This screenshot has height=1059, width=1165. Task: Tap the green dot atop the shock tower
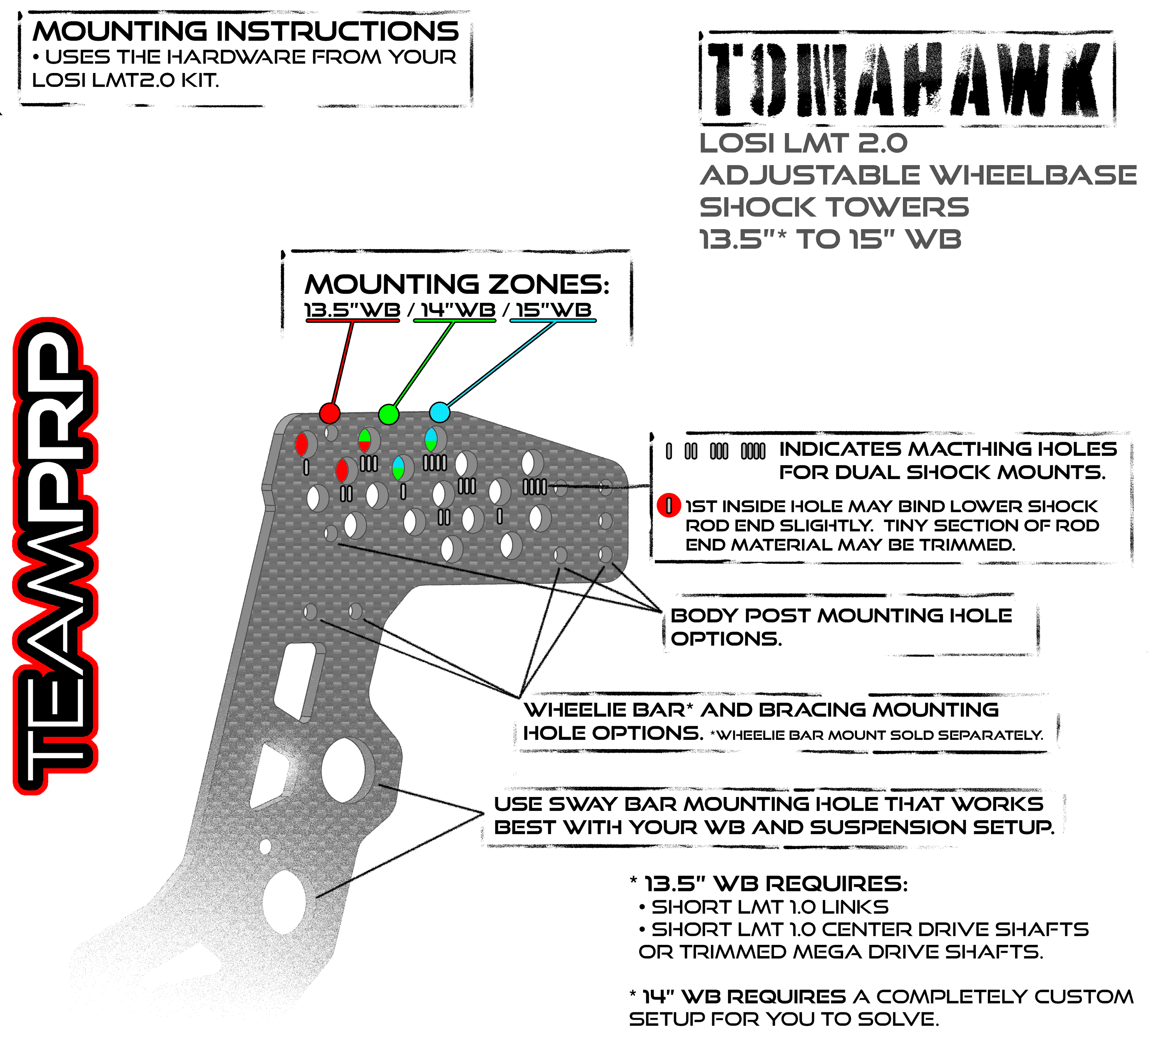pos(388,414)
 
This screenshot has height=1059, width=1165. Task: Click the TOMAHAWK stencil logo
pos(907,79)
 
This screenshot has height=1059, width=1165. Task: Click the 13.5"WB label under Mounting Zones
pos(353,310)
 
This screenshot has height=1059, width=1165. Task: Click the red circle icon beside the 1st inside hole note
pos(669,505)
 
